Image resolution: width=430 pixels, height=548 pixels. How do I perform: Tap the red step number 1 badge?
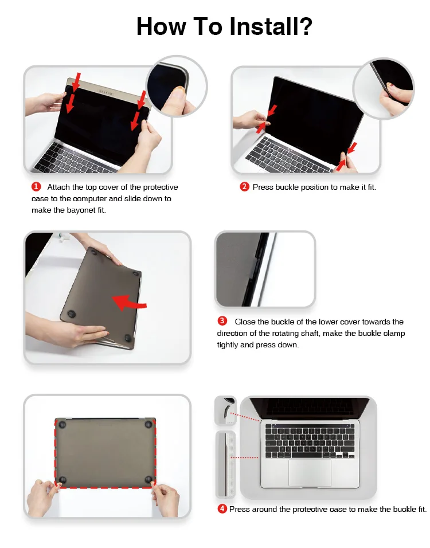click(36, 187)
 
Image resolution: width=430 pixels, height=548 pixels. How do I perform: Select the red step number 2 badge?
click(244, 187)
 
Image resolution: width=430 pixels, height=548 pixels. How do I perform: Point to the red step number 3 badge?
click(222, 321)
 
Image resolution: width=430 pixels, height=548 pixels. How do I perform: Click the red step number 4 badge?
click(222, 509)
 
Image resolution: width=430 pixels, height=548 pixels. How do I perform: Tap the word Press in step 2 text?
click(263, 187)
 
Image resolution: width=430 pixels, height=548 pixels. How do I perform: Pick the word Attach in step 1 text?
click(58, 187)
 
